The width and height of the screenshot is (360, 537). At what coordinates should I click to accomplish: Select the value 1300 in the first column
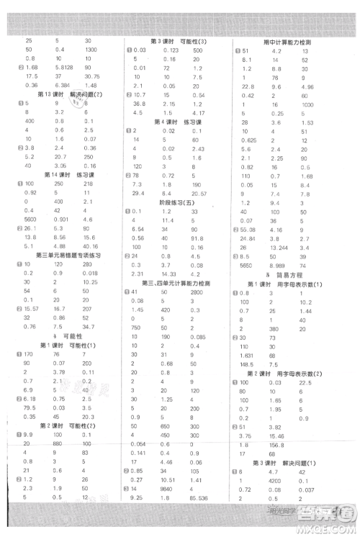(x=91, y=49)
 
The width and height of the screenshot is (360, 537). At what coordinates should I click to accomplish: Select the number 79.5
(x=30, y=406)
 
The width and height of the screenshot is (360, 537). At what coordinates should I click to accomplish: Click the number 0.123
(x=171, y=49)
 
